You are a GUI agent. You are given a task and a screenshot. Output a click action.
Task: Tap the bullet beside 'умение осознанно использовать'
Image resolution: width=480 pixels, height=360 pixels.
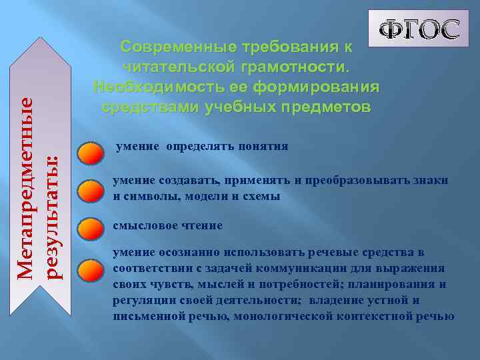click(90, 269)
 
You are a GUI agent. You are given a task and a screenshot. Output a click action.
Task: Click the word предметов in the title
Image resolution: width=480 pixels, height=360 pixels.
click(320, 107)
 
